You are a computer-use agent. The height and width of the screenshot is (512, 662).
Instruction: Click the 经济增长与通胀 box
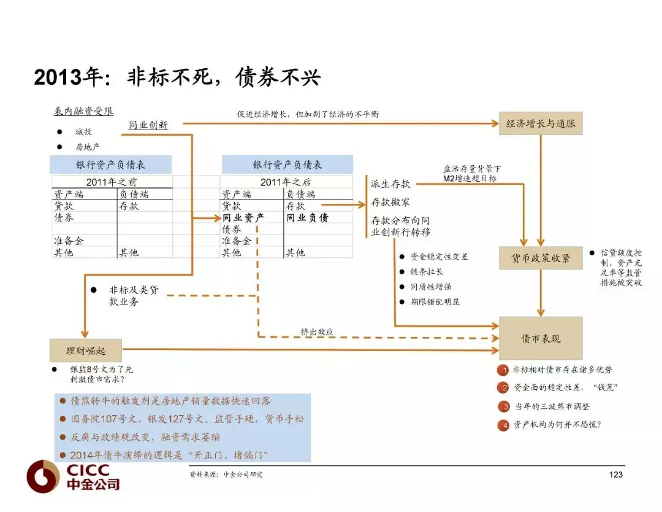(541, 123)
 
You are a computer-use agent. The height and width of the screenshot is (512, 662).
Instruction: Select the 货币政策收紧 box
(541, 257)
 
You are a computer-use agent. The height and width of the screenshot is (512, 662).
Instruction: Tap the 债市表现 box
(541, 338)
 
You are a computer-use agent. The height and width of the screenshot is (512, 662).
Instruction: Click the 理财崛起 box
(86, 351)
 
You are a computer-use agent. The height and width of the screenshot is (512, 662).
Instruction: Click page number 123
(615, 475)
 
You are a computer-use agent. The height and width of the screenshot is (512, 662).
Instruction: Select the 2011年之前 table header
(112, 182)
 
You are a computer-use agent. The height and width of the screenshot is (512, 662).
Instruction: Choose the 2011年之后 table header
(286, 182)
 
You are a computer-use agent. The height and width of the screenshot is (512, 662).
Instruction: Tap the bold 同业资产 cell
(243, 218)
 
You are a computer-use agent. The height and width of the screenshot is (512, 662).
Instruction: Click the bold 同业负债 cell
(307, 218)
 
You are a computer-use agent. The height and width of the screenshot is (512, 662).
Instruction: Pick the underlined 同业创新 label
(148, 125)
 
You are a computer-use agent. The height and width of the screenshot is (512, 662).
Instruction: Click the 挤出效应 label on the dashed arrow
(317, 332)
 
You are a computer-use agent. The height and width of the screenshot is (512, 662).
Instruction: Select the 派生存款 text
(390, 184)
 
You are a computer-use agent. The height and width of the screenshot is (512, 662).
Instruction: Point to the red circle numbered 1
(503, 370)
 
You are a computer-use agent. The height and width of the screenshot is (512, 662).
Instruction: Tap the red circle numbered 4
(503, 425)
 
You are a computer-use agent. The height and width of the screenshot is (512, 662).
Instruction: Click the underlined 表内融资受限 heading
(83, 111)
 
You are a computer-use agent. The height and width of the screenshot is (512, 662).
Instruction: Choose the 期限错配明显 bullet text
(435, 301)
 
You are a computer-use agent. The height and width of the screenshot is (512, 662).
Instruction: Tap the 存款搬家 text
(390, 202)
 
